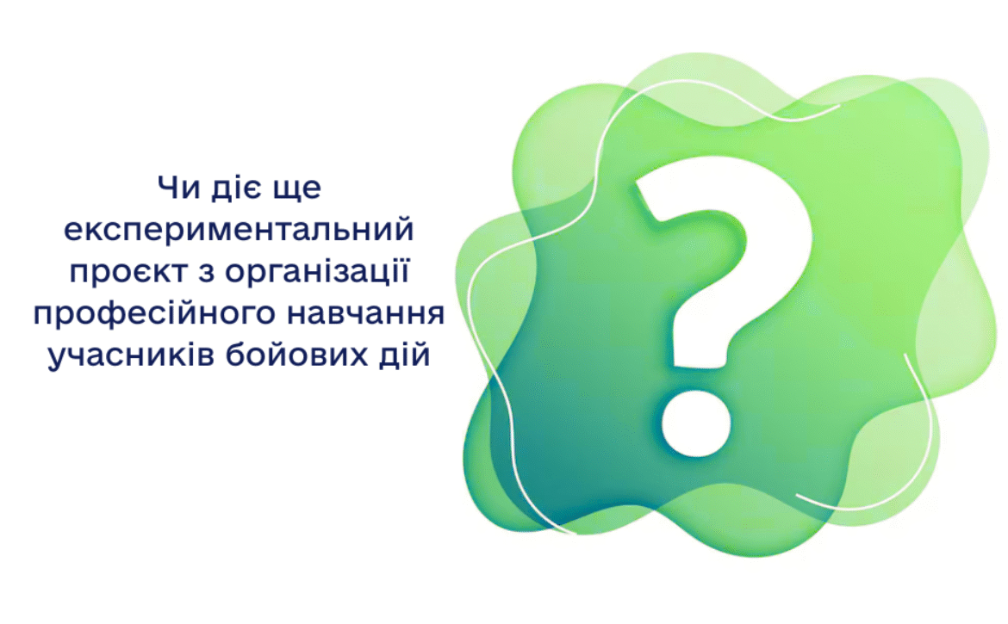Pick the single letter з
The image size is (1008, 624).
(196, 274)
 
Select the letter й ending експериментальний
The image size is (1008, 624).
(405, 231)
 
